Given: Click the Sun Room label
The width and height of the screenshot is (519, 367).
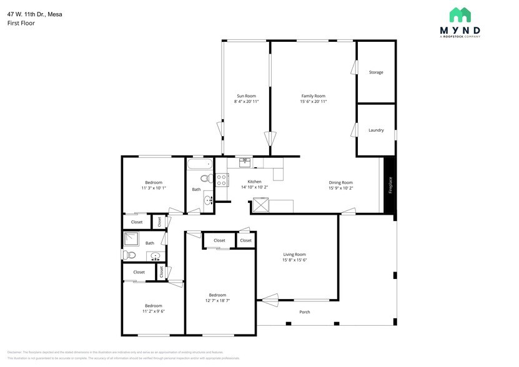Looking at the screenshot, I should tap(245, 95).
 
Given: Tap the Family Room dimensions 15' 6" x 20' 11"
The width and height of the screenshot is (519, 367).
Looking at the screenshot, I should tap(313, 101).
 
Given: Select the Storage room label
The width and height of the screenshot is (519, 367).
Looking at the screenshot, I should tap(375, 72).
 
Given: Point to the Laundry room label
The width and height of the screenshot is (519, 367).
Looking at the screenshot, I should tap(375, 130).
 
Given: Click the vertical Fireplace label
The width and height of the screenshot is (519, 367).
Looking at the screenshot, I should tap(390, 185).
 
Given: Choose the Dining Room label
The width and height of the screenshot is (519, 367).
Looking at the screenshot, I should tap(340, 182).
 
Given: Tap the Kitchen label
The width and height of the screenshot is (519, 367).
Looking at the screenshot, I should tap(254, 181).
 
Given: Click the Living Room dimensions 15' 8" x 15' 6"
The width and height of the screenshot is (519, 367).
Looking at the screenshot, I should tap(294, 260).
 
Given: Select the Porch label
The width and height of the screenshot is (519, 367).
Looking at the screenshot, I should tap(304, 311).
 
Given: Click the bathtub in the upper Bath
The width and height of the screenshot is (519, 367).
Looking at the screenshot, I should tap(200, 165).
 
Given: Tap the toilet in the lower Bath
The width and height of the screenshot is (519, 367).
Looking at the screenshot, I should tap(129, 255).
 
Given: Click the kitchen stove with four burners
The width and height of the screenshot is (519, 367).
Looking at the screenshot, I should tap(222, 180).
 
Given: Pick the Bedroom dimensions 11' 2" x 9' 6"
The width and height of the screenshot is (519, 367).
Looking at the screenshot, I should tap(153, 311).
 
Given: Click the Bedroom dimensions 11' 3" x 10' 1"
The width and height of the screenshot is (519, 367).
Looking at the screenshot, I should tap(153, 187).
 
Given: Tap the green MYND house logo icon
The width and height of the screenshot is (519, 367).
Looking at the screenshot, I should tap(461, 15).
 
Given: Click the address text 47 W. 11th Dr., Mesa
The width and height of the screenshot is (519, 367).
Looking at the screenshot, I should tap(34, 14).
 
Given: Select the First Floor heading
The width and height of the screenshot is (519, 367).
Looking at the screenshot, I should tap(21, 23).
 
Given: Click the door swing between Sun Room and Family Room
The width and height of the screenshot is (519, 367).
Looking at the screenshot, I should tap(270, 139).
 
